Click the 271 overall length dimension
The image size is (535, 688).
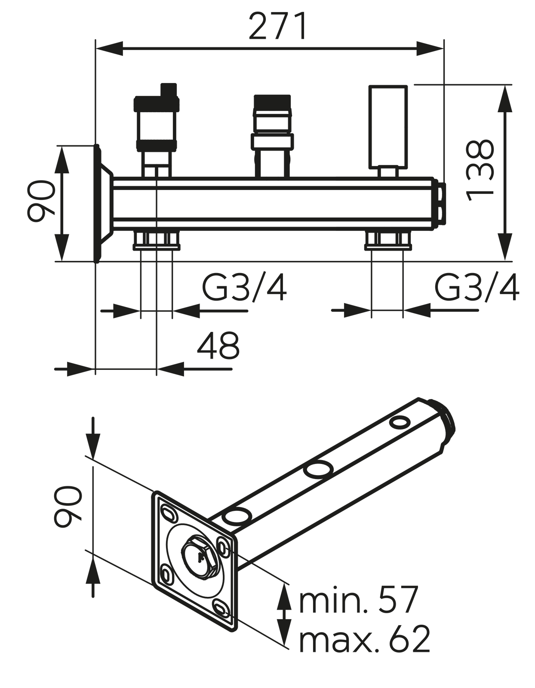278,26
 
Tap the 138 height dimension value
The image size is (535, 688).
480,171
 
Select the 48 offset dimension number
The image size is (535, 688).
218,346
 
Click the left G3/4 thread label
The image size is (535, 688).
244,287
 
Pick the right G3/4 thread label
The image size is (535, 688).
477,287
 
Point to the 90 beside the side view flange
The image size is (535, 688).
41,201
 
